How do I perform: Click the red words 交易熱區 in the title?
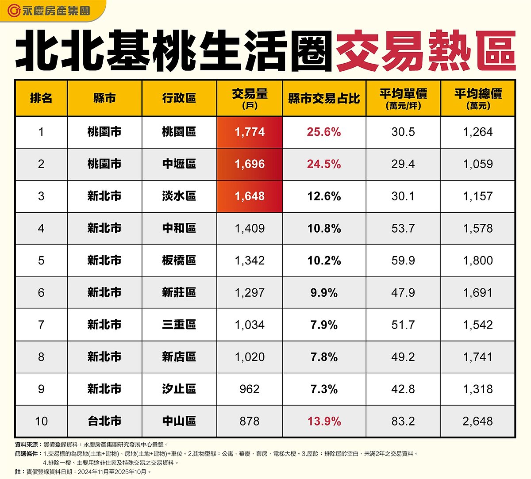426,51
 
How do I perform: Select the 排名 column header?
41,98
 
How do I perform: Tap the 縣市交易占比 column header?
324,98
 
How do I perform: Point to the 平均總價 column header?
478,98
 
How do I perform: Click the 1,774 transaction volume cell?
250,132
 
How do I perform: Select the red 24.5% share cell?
324,164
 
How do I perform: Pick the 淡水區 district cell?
179,196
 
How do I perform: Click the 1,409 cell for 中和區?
250,228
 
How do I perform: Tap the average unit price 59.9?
403,261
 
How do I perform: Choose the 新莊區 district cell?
179,292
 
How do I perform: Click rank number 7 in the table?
41,325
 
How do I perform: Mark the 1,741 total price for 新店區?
478,357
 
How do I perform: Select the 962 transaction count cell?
250,389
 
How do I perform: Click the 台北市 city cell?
104,421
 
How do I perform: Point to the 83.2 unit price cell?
403,421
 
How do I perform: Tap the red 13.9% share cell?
324,421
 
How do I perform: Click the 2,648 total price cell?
478,421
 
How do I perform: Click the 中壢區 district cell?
179,164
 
